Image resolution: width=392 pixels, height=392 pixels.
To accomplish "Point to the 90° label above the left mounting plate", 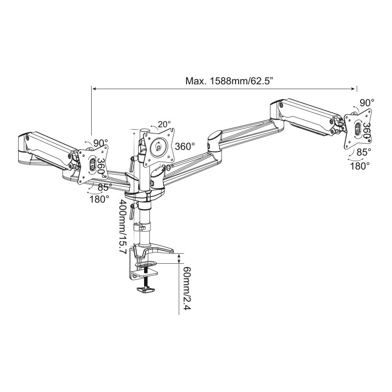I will (x=100, y=143).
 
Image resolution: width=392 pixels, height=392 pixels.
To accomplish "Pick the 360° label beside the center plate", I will (x=185, y=146).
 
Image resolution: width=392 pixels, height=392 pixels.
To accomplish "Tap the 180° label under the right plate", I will (x=360, y=166).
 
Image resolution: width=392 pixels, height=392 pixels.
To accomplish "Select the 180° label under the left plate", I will (x=99, y=199).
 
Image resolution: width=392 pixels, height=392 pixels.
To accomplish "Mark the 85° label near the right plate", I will (x=363, y=152).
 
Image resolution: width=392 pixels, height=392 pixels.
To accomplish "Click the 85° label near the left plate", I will (x=103, y=187).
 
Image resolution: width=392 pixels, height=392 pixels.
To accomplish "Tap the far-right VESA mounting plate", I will (x=357, y=128).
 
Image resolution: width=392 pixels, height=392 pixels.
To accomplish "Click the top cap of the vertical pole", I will (x=145, y=130).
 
